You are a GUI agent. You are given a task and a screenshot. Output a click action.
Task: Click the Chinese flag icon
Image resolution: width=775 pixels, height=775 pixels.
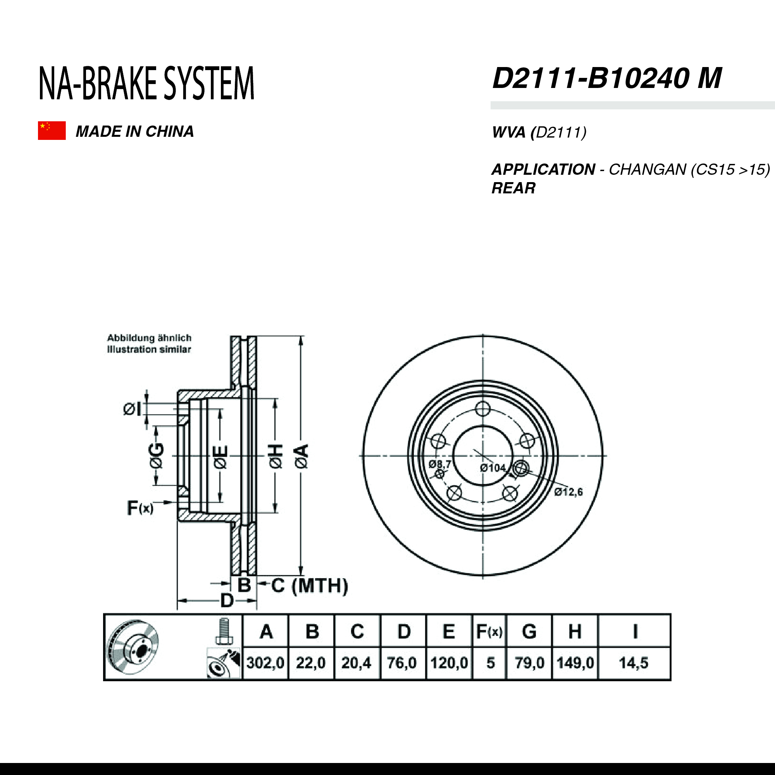click(52, 130)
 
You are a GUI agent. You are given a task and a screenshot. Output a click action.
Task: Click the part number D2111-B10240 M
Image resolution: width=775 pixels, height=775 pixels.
click(606, 78)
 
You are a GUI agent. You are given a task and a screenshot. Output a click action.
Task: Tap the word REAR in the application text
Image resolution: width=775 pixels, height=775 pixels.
click(513, 188)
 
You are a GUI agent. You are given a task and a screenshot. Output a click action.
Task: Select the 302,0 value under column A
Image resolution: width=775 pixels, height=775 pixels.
click(265, 663)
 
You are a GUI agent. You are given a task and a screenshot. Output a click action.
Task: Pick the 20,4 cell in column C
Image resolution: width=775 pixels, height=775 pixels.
click(356, 663)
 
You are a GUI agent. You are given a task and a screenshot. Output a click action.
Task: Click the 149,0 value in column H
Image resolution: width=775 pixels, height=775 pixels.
click(575, 663)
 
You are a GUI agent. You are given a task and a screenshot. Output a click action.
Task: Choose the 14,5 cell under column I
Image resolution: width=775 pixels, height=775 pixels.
click(634, 663)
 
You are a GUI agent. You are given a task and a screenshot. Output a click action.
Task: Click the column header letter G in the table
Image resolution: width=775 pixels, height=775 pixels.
click(529, 631)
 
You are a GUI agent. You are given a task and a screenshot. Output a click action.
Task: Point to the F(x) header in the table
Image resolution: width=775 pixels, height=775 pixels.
click(489, 632)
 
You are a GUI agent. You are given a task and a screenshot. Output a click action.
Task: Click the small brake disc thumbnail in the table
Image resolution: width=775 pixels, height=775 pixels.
click(134, 648)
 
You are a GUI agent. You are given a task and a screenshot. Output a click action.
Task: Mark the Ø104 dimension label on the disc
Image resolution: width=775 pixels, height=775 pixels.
click(493, 468)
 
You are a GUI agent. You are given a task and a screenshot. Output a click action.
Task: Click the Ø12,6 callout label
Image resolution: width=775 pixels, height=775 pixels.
click(568, 492)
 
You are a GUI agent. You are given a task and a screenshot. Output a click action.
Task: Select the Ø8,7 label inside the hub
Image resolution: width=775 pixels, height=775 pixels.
click(440, 465)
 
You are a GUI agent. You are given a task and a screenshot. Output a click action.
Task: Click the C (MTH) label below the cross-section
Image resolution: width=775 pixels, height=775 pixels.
click(309, 586)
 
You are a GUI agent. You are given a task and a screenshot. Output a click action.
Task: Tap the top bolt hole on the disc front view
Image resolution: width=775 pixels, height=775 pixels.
click(482, 410)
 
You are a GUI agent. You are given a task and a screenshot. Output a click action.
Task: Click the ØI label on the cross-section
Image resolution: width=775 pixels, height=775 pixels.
click(132, 410)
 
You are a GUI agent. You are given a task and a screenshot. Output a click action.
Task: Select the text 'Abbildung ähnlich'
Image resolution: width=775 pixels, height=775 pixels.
click(149, 338)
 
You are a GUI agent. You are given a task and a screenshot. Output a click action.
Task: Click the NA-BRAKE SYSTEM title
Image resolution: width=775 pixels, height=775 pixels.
click(146, 83)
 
